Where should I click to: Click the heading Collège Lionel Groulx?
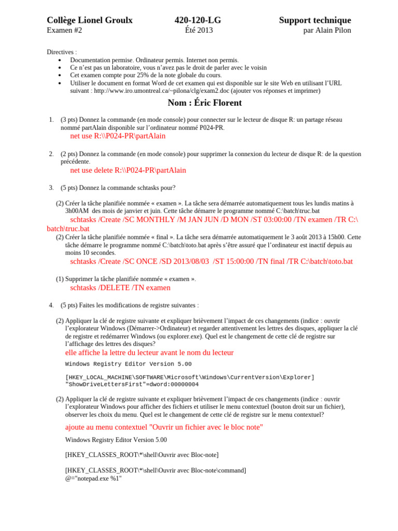90,20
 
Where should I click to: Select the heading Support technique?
315,20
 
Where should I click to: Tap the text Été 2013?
198,31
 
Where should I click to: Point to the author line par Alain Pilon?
327,31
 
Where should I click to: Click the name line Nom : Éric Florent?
205,103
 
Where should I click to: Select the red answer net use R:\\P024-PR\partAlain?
118,136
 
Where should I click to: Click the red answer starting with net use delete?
128,170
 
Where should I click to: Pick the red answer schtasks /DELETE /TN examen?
120,288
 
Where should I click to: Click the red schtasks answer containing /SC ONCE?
211,261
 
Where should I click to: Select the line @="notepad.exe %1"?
93,479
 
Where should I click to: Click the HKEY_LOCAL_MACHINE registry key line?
190,378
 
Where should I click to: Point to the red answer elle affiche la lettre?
149,353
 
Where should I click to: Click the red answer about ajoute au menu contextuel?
164,427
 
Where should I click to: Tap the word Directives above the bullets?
61,52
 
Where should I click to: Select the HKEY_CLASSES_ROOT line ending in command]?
155,470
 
